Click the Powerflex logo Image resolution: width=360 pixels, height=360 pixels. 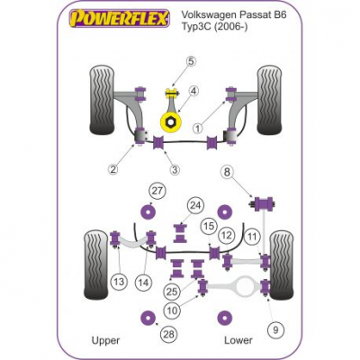[x=119, y=18]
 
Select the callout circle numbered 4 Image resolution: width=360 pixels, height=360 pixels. [x=193, y=90]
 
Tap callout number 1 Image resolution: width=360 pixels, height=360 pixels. [x=198, y=129]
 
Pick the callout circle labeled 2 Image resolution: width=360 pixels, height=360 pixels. [x=112, y=169]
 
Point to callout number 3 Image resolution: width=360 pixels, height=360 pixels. [x=175, y=170]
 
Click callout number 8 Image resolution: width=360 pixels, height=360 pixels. [x=227, y=172]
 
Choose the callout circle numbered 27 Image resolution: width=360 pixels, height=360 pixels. [x=157, y=191]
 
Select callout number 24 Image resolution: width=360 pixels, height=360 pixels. [x=195, y=206]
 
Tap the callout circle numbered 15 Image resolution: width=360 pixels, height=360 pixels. [x=209, y=226]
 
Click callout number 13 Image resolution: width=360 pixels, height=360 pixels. [x=119, y=282]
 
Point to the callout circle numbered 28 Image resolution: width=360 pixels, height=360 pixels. [x=169, y=334]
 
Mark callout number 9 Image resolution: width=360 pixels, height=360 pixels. [x=275, y=330]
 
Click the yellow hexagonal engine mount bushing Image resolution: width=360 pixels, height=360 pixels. [x=171, y=121]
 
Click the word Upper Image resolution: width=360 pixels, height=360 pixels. [x=105, y=340]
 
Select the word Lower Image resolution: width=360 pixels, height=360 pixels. [x=238, y=340]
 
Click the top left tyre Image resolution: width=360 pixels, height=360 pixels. [x=102, y=100]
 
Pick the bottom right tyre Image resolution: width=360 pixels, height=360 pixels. [x=282, y=265]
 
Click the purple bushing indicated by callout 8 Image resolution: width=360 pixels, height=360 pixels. [x=264, y=203]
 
